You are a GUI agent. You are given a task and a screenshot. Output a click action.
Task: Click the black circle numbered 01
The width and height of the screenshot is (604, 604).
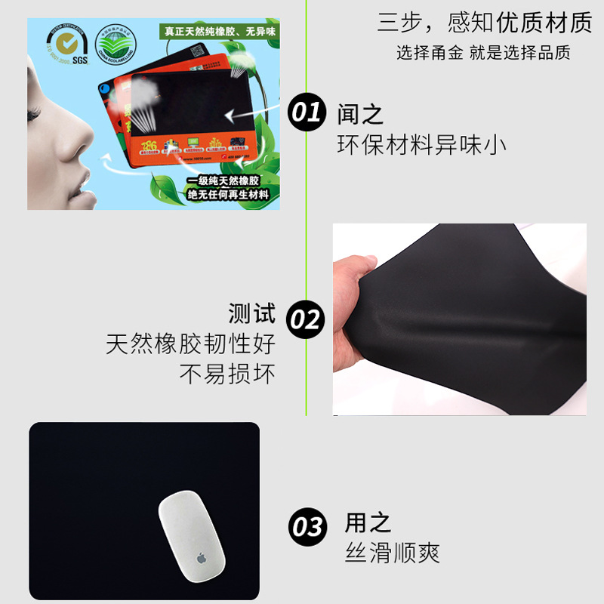307,114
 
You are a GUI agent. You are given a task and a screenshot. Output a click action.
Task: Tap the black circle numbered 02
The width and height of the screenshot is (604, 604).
307,320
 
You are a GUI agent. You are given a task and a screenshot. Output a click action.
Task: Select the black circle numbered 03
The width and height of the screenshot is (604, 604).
308,526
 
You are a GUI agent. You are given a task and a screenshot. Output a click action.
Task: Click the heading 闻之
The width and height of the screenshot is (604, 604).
360,115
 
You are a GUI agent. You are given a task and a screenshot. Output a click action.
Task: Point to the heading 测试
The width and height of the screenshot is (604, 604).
252,313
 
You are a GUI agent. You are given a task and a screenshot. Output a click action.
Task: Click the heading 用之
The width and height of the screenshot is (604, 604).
368,522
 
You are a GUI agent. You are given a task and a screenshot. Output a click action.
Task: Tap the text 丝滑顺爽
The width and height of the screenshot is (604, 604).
393,553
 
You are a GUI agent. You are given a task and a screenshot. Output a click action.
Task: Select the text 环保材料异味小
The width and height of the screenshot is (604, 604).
421,145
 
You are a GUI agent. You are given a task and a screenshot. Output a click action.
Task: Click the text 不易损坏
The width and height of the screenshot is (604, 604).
227,374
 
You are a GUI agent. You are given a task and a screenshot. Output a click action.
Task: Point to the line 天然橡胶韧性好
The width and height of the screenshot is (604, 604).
190,344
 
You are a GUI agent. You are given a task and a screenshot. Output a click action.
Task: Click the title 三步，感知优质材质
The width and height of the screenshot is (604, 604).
484,23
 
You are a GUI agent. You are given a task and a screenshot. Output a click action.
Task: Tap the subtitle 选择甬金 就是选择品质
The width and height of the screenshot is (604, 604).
483,52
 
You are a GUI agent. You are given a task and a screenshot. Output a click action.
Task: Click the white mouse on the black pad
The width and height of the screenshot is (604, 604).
194,535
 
